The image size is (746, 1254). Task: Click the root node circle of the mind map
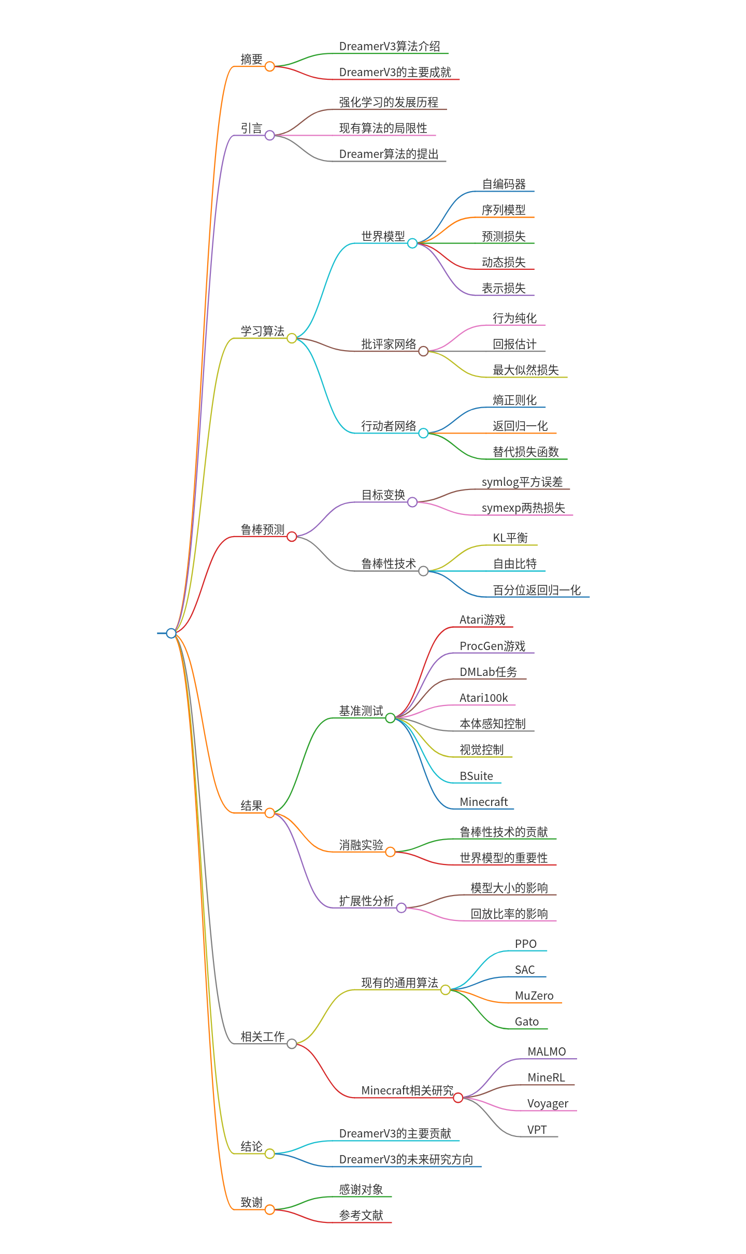[x=171, y=633]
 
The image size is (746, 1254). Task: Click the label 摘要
[x=251, y=60]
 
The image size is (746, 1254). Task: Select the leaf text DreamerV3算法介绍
[x=390, y=47]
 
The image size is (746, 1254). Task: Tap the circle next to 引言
[x=269, y=135]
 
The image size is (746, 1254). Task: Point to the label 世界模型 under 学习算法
[x=383, y=237]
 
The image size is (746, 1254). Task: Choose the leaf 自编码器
[x=504, y=184]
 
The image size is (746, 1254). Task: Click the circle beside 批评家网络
[x=423, y=351]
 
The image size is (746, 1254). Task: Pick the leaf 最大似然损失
[x=525, y=370]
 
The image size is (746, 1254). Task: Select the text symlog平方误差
[x=522, y=482]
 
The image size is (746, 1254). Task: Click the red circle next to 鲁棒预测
[x=292, y=537]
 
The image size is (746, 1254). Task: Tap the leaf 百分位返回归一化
[x=536, y=590]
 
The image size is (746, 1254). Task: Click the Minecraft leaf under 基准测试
[x=483, y=802]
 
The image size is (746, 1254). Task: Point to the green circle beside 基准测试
[x=390, y=718]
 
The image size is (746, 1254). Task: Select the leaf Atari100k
[x=483, y=698]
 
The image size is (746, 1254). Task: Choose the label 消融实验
[x=361, y=845]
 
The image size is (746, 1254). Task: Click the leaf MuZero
[x=534, y=996]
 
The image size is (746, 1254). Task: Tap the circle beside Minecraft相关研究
[x=458, y=1098]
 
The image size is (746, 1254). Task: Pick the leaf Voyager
[x=547, y=1104]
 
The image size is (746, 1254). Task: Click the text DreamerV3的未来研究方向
[x=406, y=1160]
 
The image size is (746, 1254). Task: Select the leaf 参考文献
[x=361, y=1216]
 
